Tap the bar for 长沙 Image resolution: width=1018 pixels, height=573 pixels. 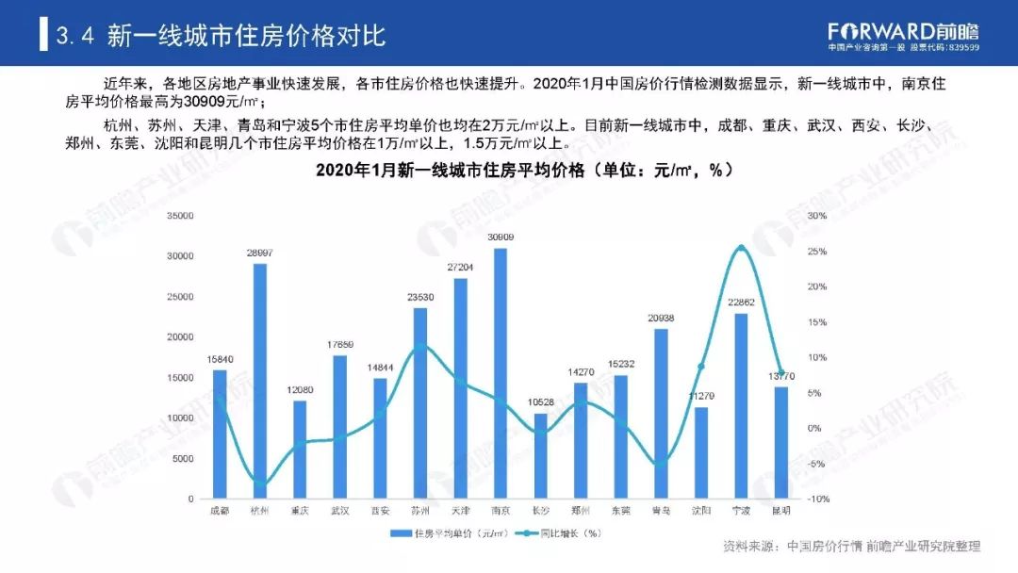540,456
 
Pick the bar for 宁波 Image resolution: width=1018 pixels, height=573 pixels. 741,405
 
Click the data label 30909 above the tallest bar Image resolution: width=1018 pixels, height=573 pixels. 501,237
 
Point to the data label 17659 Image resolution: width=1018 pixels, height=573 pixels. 339,345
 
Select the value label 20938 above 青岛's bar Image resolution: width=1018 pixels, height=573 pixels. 661,318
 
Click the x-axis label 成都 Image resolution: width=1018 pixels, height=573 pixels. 220,511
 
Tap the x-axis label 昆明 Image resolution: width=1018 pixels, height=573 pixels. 780,511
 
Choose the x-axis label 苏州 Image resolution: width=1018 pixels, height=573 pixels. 419,511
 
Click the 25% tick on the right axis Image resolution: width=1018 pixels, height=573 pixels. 817,252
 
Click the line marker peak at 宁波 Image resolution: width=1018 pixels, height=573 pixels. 741,248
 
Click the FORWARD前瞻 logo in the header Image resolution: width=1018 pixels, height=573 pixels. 903,30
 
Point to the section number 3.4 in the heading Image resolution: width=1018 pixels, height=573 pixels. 75,36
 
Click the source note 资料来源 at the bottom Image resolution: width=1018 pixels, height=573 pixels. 851,546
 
